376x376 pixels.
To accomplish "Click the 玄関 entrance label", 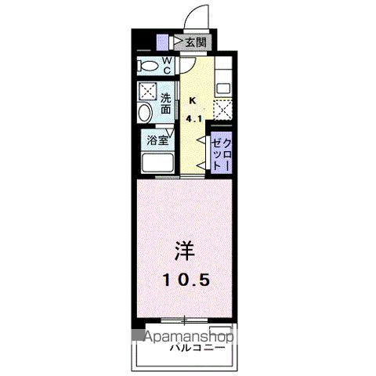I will click(194, 42).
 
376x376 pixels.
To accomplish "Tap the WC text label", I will click(168, 66).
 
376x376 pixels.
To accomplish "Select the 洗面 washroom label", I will click(167, 104).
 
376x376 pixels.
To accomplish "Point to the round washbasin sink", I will click(144, 115).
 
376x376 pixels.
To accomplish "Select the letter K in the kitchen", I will click(193, 99).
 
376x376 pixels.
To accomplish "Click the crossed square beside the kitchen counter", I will click(222, 110).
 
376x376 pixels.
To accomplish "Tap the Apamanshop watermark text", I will click(190, 336).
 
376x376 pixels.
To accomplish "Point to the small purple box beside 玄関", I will click(162, 42).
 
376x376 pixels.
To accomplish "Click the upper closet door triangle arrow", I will click(203, 143).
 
